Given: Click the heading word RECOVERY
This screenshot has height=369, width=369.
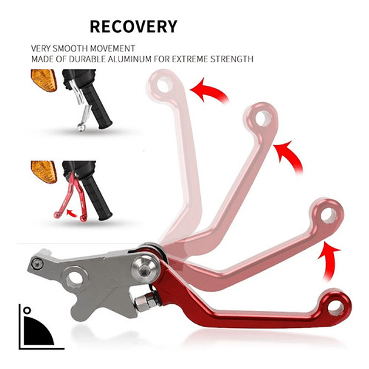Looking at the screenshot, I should pyautogui.click(x=133, y=27).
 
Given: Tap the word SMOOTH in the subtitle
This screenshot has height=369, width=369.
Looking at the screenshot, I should pyautogui.click(x=76, y=48).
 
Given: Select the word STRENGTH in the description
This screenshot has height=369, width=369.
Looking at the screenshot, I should pyautogui.click(x=232, y=59).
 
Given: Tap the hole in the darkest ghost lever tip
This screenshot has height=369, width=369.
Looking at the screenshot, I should pyautogui.click(x=328, y=215).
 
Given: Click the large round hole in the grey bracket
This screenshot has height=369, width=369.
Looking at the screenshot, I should pyautogui.click(x=75, y=279).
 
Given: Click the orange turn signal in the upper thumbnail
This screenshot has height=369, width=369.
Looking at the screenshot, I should pyautogui.click(x=44, y=80).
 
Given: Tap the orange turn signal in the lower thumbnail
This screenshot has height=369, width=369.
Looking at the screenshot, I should pyautogui.click(x=44, y=171).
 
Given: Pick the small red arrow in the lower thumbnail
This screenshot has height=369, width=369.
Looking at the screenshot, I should pyautogui.click(x=73, y=212).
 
